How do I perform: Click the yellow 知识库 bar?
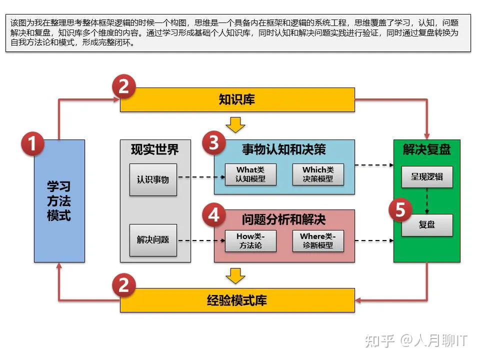(x=237, y=99)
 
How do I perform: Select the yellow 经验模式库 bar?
(x=237, y=300)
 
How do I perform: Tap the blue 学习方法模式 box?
(x=59, y=201)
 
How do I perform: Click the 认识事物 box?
(x=153, y=179)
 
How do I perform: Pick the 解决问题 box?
(x=153, y=240)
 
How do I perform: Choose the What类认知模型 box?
(x=250, y=174)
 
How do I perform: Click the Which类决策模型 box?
(x=318, y=174)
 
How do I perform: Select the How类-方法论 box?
(x=250, y=241)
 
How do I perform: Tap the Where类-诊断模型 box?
(x=318, y=241)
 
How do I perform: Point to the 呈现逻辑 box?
(x=427, y=177)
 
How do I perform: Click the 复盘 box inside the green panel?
(x=427, y=225)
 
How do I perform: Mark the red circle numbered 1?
(x=32, y=145)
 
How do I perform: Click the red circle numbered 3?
(x=214, y=143)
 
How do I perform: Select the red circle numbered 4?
(x=214, y=215)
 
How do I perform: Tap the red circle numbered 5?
(x=400, y=210)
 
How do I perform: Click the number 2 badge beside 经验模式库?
(x=123, y=285)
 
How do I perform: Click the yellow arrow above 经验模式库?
(x=235, y=275)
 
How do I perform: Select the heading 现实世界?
(x=155, y=149)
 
